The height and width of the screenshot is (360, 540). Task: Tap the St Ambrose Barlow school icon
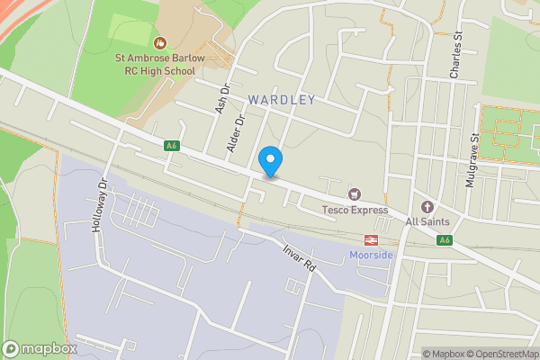tap(160, 42)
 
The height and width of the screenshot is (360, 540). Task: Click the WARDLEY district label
tap(283, 100)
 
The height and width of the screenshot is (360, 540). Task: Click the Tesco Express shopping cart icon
tap(355, 194)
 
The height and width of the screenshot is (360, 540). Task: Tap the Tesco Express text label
tap(355, 211)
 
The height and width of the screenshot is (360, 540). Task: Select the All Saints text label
tap(426, 221)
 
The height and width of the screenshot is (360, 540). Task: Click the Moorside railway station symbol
tap(370, 240)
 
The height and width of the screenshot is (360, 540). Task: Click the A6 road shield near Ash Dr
tap(172, 145)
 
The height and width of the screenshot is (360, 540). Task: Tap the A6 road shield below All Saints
tap(444, 240)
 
